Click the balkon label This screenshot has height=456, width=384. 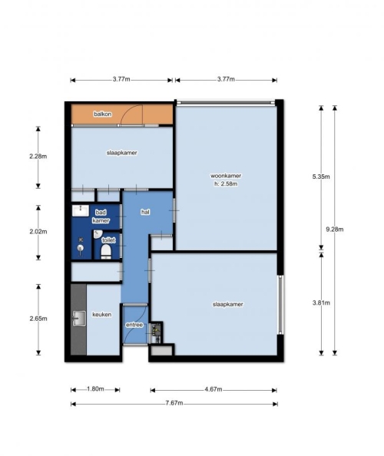click(x=102, y=114)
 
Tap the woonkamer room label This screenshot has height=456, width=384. click(x=226, y=176)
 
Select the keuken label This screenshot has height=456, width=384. click(x=102, y=315)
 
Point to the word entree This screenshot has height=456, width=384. click(x=134, y=325)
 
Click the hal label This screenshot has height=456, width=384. click(x=145, y=212)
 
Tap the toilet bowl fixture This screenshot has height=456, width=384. click(x=106, y=252)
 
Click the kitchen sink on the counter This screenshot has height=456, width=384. click(x=79, y=319)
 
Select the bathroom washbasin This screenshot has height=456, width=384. click(x=81, y=210)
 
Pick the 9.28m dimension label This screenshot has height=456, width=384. click(x=335, y=230)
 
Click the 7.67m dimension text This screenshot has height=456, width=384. click(x=174, y=403)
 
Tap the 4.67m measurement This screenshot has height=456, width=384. click(x=214, y=389)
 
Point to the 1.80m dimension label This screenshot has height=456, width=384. click(x=95, y=389)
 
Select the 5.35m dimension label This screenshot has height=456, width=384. click(x=321, y=177)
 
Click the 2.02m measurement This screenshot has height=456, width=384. click(x=38, y=232)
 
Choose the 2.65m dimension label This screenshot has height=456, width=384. click(x=38, y=319)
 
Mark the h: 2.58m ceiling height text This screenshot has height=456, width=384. click(x=226, y=183)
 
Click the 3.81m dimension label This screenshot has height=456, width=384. click(x=321, y=302)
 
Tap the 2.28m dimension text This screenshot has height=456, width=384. click(x=38, y=157)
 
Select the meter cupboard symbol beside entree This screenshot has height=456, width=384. click(x=156, y=332)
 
